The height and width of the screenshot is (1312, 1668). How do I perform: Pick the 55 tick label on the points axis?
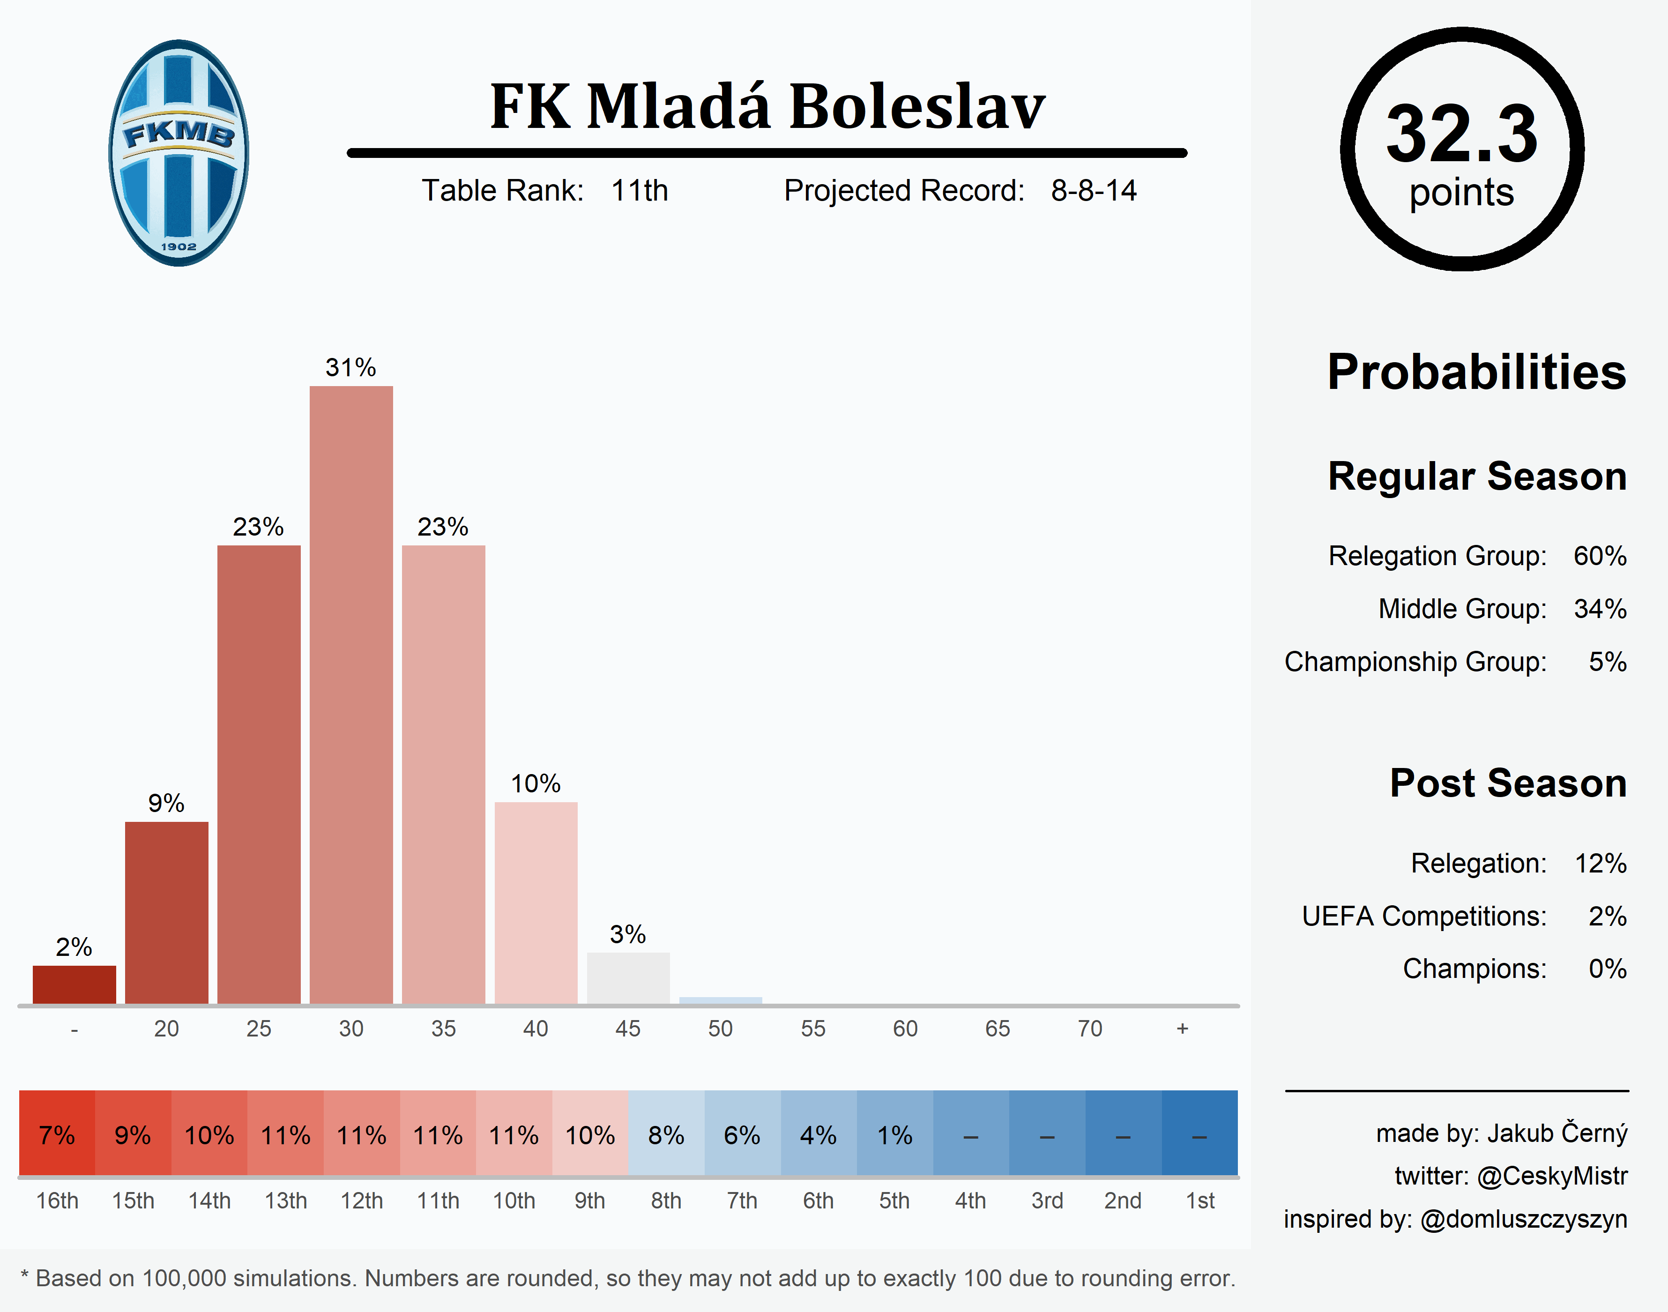tap(812, 1029)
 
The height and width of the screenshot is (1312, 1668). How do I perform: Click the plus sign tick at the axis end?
tap(1182, 1029)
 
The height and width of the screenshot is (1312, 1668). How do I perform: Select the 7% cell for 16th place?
tap(57, 1134)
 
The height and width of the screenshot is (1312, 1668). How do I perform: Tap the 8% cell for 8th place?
tap(666, 1134)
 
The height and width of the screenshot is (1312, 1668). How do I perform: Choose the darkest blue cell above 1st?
tap(1199, 1134)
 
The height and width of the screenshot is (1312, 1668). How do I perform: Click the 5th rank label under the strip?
tap(894, 1200)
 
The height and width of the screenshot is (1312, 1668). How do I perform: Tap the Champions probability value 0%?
tap(1608, 969)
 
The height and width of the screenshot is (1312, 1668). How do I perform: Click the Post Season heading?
tap(1507, 783)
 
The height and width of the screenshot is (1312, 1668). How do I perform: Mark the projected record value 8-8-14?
tap(1094, 191)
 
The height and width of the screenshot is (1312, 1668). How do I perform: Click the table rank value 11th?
tap(639, 191)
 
